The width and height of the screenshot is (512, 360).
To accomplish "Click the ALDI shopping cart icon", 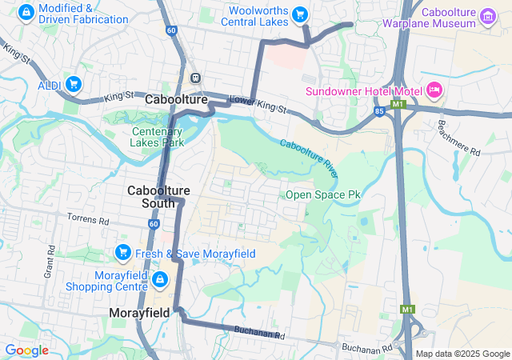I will (73, 84).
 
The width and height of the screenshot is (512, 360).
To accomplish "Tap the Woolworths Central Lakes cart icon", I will (300, 14).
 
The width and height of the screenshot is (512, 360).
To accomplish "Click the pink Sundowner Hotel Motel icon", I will (434, 89).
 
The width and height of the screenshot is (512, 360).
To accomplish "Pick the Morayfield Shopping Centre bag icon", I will (159, 279).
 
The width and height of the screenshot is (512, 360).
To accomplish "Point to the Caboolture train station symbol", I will (195, 78).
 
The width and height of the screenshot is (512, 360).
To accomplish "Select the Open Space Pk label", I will (323, 194).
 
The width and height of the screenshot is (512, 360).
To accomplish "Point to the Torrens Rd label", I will (87, 219).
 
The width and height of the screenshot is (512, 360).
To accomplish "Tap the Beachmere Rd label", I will (459, 138).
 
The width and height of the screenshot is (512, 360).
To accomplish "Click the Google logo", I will (26, 350).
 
